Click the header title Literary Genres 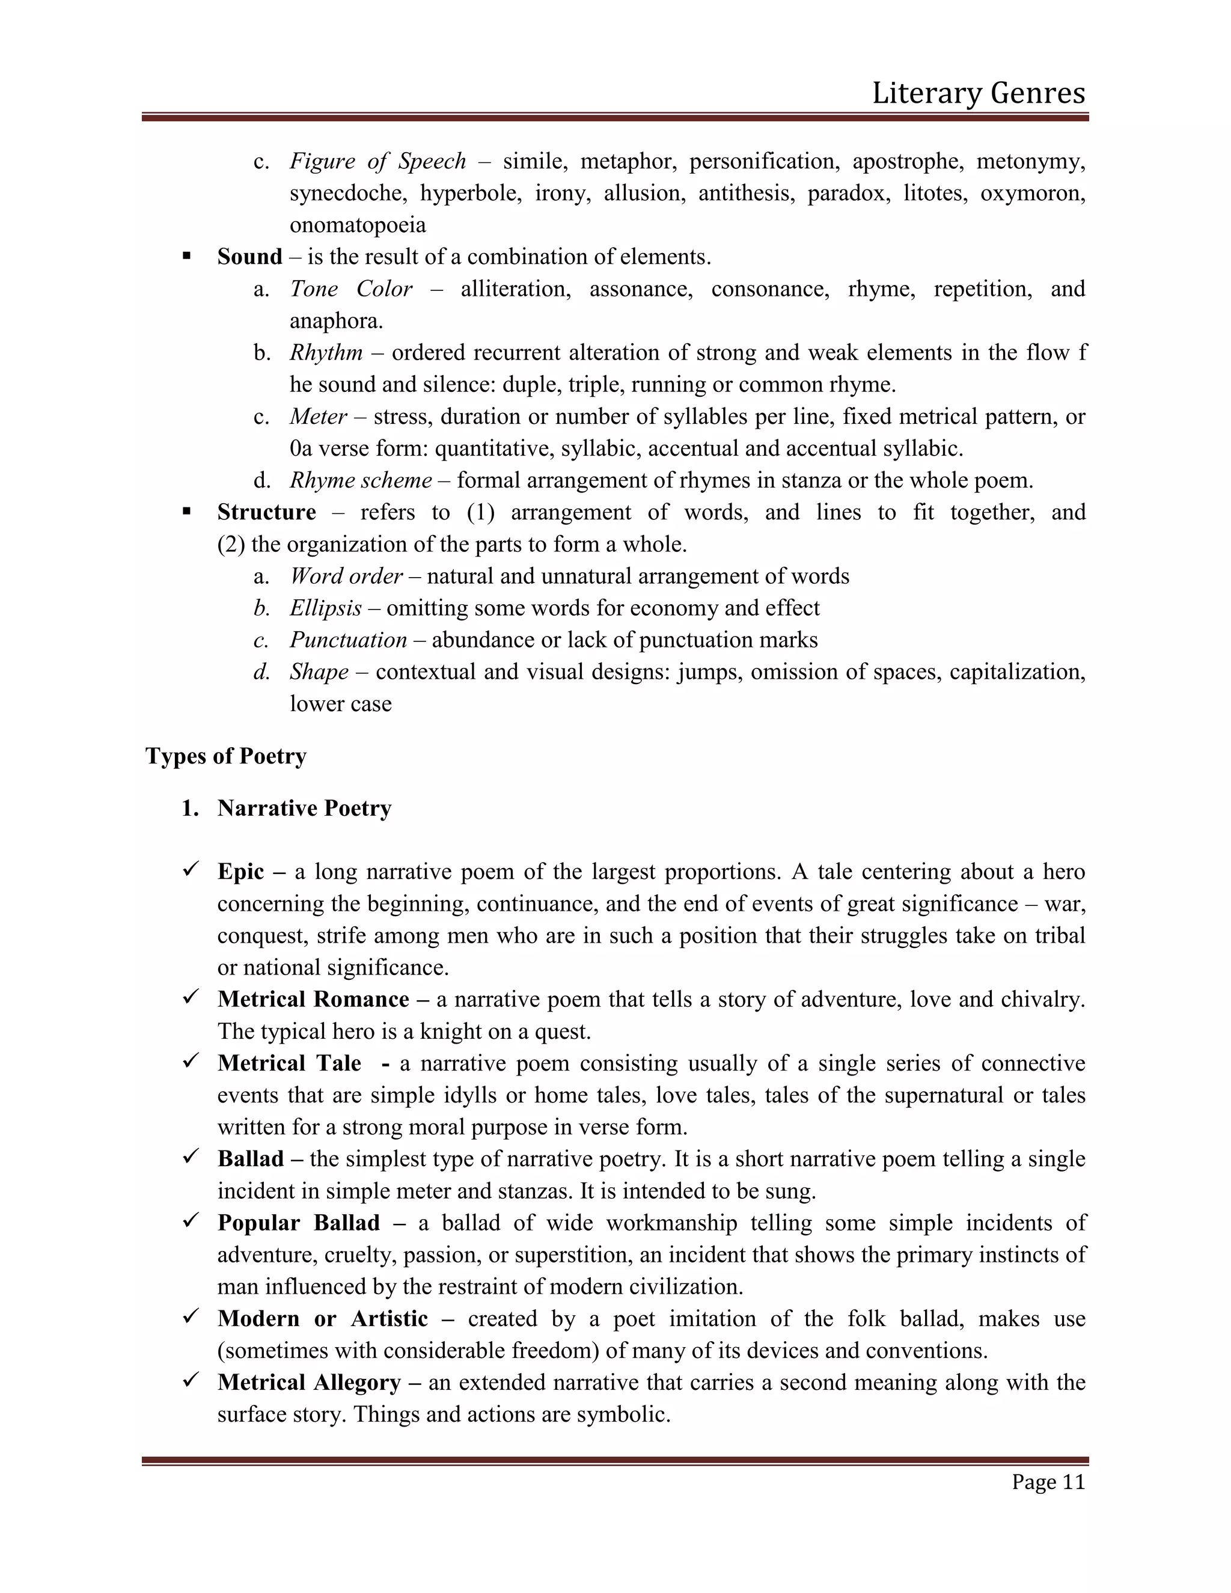coord(978,93)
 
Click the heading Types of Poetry coord(225,756)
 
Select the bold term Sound coord(249,257)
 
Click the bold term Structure coord(266,512)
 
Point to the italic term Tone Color coord(351,289)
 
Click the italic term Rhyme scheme coord(360,480)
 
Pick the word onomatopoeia coord(358,225)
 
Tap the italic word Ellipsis coord(325,608)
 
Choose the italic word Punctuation coord(348,640)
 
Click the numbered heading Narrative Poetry coord(304,808)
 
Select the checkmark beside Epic coord(191,869)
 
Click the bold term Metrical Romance coord(313,999)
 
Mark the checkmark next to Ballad coord(191,1156)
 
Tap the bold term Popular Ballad coord(298,1223)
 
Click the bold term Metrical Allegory coord(309,1382)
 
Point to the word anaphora coord(335,321)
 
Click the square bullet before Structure coord(187,512)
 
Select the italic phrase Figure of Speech coord(377,161)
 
